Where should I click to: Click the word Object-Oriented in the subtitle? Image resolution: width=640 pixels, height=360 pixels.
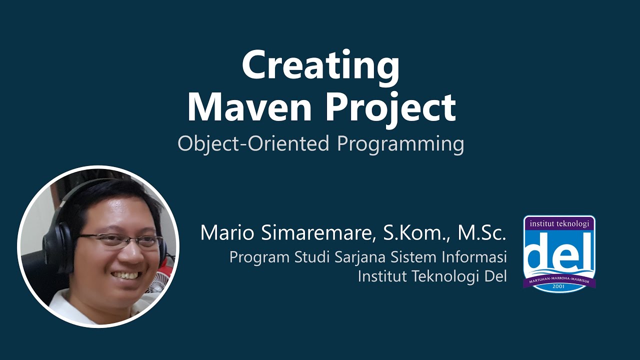click(253, 144)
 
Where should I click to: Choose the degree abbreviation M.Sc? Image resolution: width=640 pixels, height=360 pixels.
click(482, 233)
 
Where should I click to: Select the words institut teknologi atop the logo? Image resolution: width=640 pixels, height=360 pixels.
click(559, 223)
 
